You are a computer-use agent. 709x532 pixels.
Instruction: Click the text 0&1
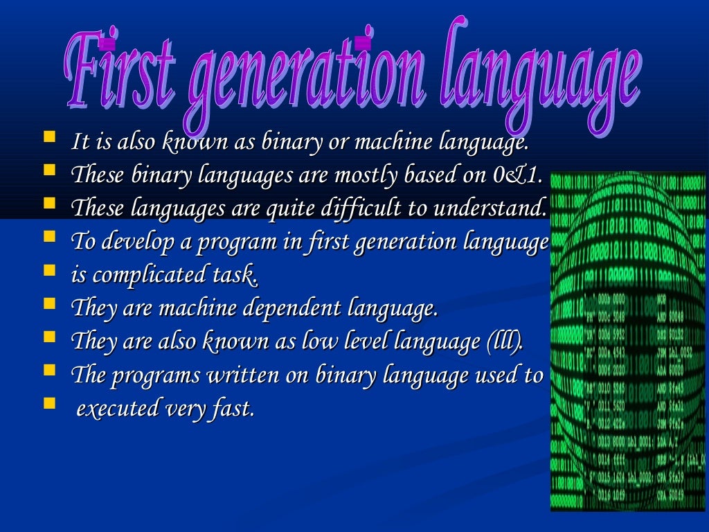[x=517, y=176]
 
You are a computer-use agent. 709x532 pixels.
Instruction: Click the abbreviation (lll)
[x=506, y=342]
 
